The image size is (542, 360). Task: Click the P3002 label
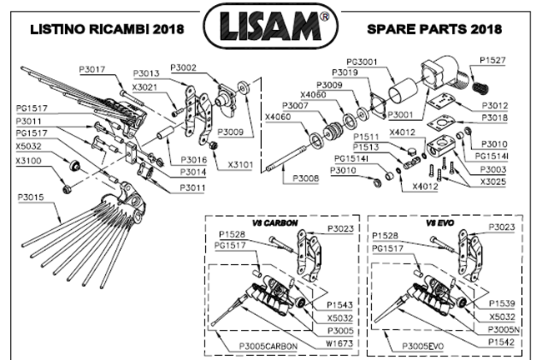(183, 67)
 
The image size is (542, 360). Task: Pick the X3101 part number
(243, 153)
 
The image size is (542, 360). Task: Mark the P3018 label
(495, 119)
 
